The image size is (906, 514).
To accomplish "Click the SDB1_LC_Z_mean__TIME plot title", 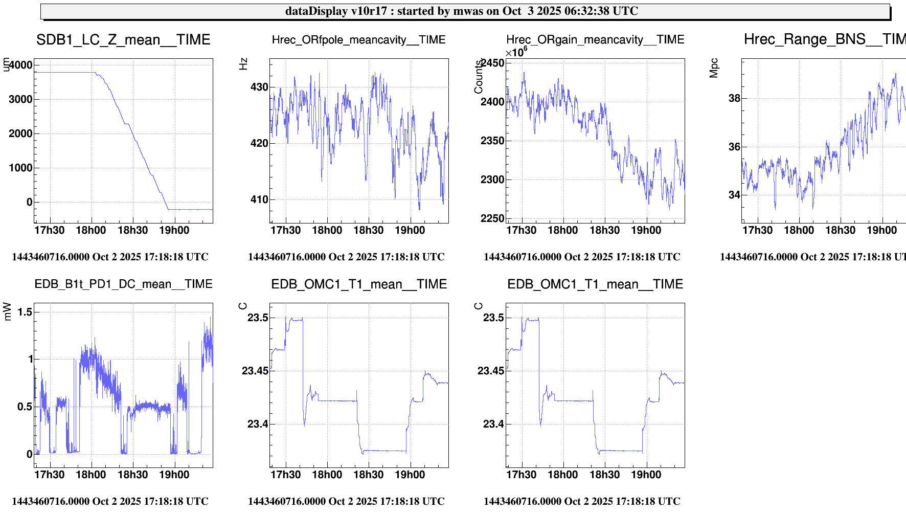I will pos(123,40).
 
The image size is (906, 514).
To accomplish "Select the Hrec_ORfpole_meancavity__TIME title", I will pos(358,40).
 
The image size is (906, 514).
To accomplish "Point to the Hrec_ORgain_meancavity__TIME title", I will pos(595,40).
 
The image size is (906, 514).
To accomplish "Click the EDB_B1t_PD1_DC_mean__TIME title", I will pos(123,284).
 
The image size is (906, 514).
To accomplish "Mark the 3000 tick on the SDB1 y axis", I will pos(20,99).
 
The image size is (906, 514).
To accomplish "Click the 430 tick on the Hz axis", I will pos(259,87).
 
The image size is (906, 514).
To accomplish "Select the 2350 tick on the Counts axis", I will pos(492,141).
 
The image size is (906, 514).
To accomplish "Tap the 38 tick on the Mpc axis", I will pos(734,98).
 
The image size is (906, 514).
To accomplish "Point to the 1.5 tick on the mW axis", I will pos(25,312).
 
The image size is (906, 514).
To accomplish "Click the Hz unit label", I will pos(243,64).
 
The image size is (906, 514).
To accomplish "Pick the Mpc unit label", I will pos(714,68).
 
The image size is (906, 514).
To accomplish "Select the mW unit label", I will pos(7,311).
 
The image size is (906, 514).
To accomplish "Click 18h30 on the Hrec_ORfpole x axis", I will pos(368,230).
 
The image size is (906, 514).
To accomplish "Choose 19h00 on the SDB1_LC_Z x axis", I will pos(174,230).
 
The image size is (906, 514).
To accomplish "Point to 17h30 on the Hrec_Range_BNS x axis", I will pos(757,230).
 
